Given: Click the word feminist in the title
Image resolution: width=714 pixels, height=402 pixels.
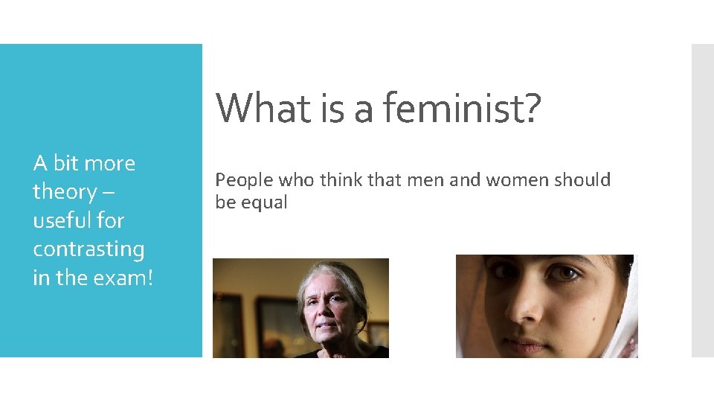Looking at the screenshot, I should pyautogui.click(x=455, y=108).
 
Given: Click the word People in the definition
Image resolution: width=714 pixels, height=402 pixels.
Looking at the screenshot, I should pyautogui.click(x=240, y=180).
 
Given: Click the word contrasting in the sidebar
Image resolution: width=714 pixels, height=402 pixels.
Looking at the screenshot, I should pyautogui.click(x=89, y=249).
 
